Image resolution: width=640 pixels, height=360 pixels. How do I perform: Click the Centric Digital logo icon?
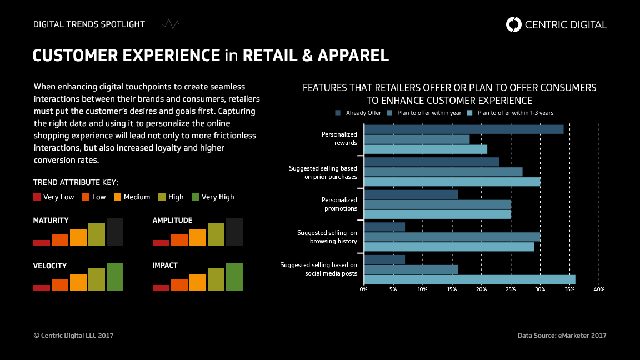(x=514, y=24)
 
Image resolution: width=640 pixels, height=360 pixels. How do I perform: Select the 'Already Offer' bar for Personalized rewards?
(x=464, y=129)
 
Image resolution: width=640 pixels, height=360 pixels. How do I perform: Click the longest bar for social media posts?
(x=469, y=279)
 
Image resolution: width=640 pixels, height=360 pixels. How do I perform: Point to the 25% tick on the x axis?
(x=511, y=289)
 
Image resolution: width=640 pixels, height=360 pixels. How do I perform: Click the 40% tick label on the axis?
(x=599, y=289)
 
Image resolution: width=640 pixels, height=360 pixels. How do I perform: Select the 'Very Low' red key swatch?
(x=37, y=197)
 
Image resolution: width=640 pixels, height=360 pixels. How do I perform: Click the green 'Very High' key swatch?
(x=195, y=197)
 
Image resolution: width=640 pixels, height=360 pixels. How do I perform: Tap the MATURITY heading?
(x=51, y=221)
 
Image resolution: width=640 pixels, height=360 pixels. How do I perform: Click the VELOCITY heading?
(x=50, y=266)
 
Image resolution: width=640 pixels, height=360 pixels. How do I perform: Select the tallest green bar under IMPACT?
(x=234, y=277)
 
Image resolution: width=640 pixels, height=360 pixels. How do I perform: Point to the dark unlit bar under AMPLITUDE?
(x=234, y=232)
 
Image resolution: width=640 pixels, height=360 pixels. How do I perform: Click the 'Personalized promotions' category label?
(x=339, y=204)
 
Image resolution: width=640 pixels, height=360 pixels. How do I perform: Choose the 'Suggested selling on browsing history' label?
(x=327, y=237)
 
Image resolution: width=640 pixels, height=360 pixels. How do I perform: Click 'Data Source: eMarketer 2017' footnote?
(x=562, y=336)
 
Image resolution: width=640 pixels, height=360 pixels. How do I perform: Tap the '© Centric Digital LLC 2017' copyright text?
(x=73, y=336)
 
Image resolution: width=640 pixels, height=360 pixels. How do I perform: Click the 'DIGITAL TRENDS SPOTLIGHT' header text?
(x=89, y=24)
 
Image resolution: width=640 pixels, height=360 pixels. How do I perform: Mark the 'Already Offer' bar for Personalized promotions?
(x=411, y=194)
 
